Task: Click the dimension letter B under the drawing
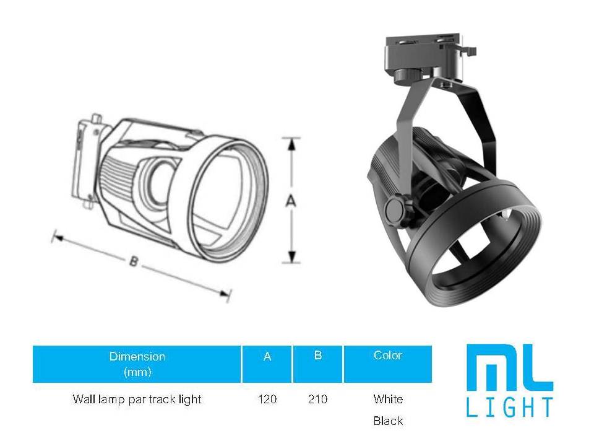click(132, 261)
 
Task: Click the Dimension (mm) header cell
click(137, 364)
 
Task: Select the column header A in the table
click(267, 357)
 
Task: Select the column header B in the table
click(317, 356)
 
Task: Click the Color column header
click(388, 356)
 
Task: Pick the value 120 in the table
click(267, 400)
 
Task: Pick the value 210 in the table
click(317, 400)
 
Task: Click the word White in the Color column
click(388, 399)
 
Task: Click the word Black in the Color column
click(388, 421)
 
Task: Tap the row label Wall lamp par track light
click(137, 400)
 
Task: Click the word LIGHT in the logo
click(509, 408)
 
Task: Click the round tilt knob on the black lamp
click(394, 209)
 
